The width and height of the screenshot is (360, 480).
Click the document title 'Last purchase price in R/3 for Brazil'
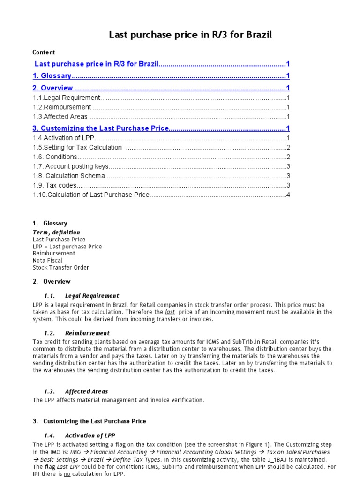190,35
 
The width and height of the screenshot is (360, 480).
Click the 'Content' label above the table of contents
44,52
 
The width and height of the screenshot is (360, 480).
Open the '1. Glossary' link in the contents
52,76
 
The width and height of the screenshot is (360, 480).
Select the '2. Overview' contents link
53,88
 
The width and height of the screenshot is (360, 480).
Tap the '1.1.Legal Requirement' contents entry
67,97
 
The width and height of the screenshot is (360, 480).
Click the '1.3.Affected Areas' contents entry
60,117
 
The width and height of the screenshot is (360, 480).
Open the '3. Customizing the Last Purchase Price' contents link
100,128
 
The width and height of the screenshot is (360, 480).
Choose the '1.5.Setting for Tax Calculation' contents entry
77,147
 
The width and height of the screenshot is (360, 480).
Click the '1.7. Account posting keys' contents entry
70,166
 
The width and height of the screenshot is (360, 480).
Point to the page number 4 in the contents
288,195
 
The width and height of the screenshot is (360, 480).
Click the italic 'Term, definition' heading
56,232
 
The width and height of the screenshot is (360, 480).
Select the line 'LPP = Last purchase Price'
67,247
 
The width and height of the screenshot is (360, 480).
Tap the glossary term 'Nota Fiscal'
47,260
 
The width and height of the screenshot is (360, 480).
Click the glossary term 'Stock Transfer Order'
61,267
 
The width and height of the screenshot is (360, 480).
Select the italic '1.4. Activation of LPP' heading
90,435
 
